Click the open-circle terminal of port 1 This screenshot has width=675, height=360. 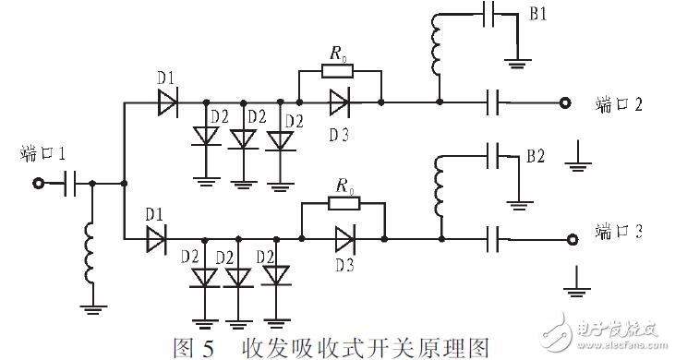point(39,184)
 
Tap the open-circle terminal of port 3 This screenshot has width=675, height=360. point(572,240)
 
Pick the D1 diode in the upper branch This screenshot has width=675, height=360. point(166,102)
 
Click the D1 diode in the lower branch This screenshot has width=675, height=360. point(156,240)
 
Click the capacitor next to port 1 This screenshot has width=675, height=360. point(69,184)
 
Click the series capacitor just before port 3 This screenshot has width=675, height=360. point(494,240)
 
